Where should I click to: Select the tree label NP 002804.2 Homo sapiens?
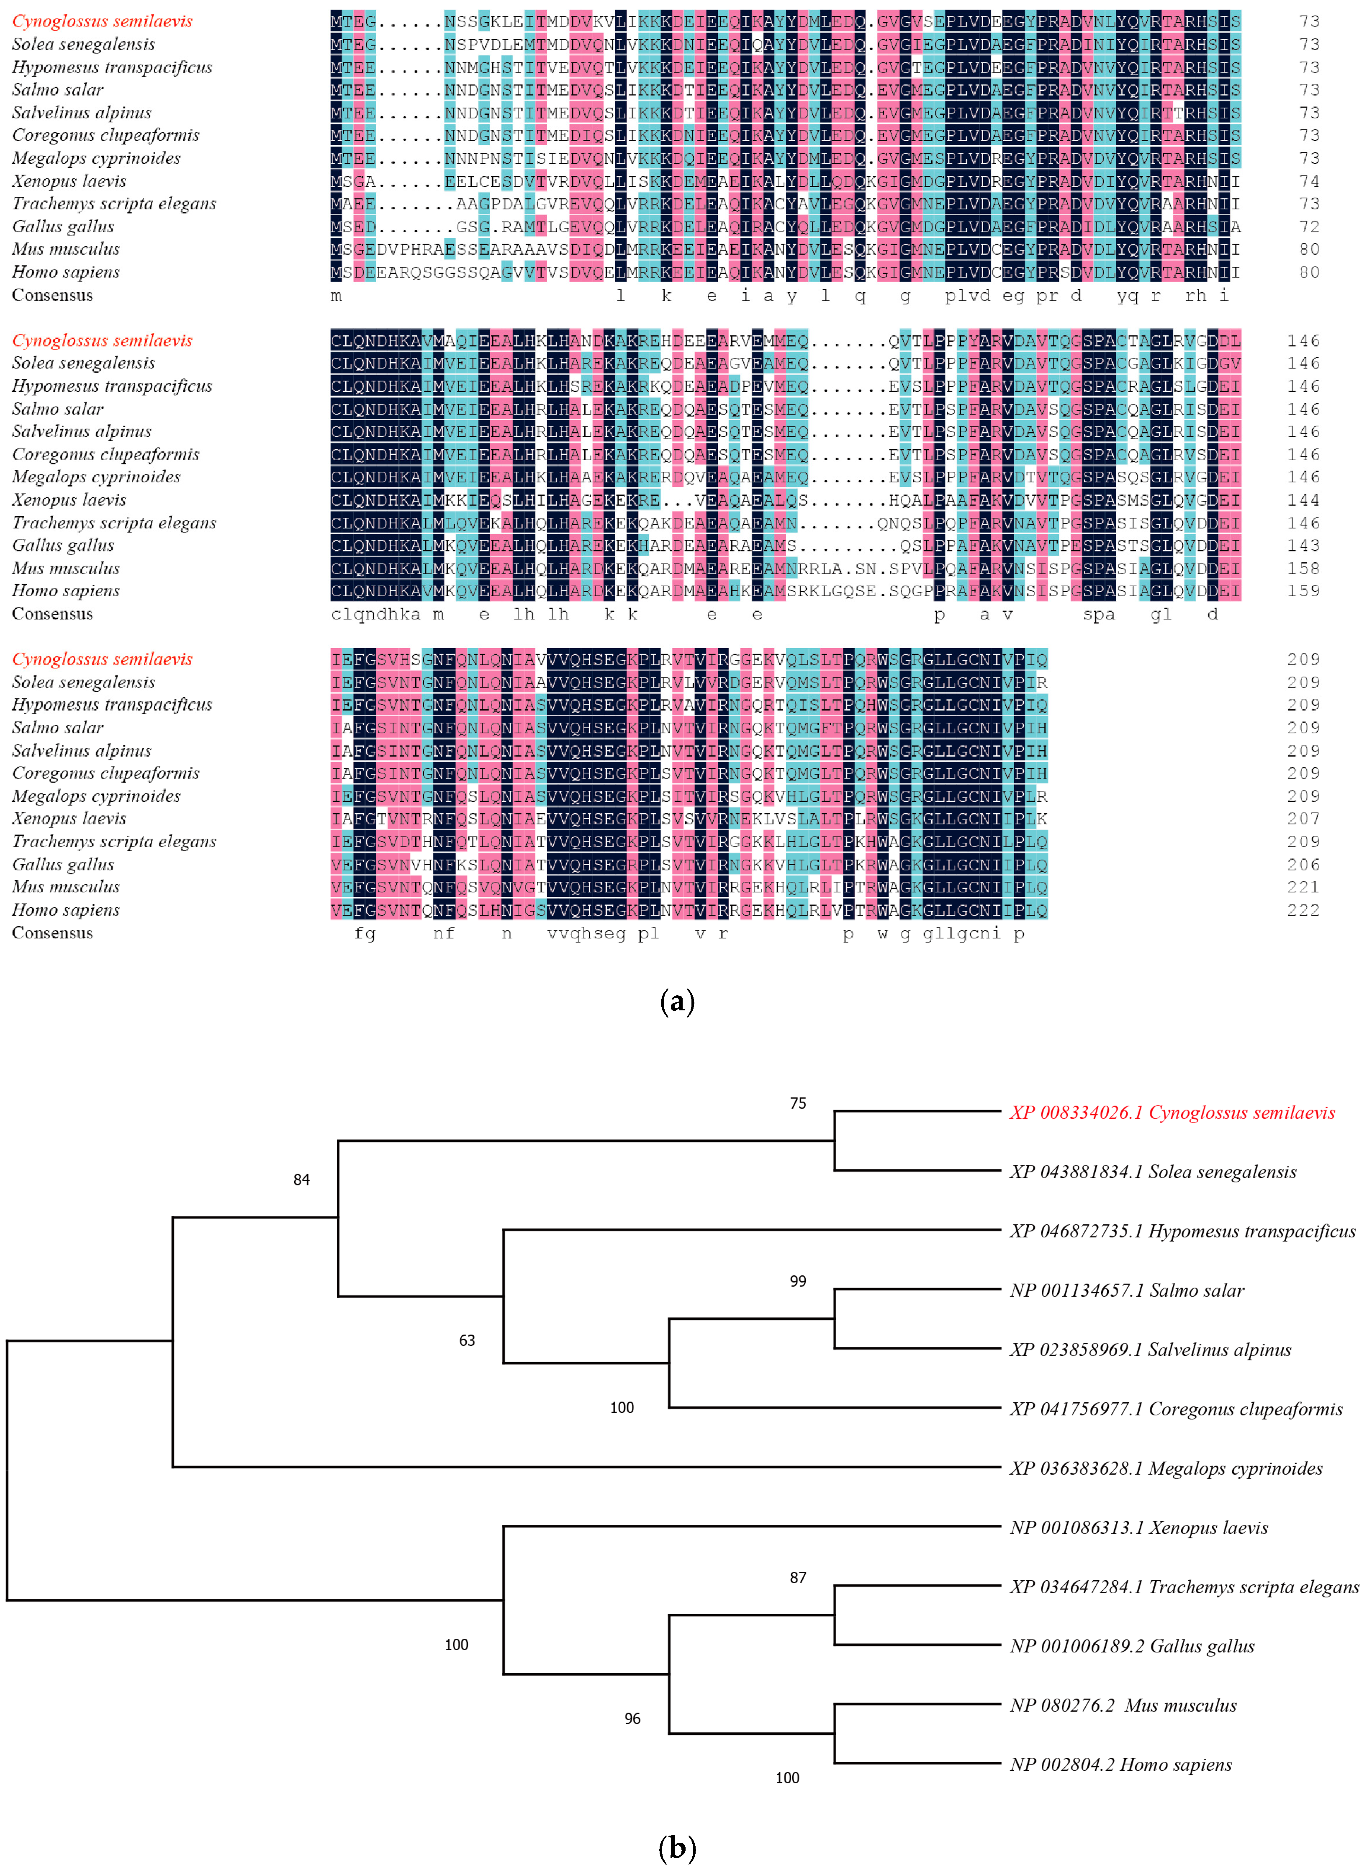point(1120,1764)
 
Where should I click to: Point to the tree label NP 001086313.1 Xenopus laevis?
point(1138,1528)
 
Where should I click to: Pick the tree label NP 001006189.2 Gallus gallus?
point(1132,1646)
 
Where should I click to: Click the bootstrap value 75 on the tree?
point(797,1103)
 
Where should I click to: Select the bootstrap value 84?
point(301,1180)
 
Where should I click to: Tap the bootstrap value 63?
point(467,1341)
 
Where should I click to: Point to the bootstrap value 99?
point(797,1281)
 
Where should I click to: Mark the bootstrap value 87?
point(797,1578)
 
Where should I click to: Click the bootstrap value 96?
point(632,1719)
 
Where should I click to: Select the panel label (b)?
point(677,1848)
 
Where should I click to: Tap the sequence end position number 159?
point(1303,591)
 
